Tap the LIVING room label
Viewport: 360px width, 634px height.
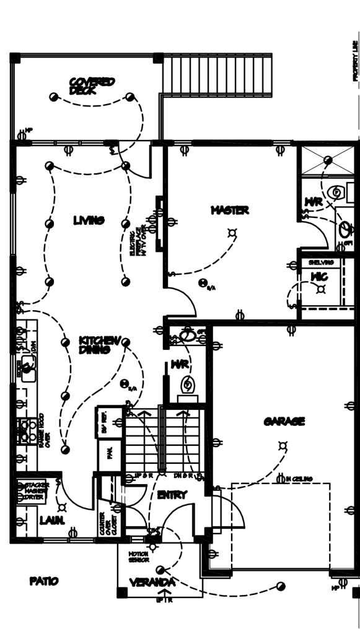(89, 220)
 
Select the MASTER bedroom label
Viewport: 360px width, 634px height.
(230, 211)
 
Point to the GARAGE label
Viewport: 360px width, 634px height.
(284, 422)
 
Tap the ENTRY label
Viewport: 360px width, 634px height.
(172, 495)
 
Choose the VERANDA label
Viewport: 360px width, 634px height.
(152, 583)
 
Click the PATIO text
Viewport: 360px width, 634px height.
(44, 581)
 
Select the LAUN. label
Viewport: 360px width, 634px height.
(52, 521)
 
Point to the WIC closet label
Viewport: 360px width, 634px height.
(319, 277)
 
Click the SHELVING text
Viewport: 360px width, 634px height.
(321, 263)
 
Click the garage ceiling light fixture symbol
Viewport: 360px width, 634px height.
(283, 445)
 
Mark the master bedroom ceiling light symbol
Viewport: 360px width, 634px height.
(233, 233)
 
